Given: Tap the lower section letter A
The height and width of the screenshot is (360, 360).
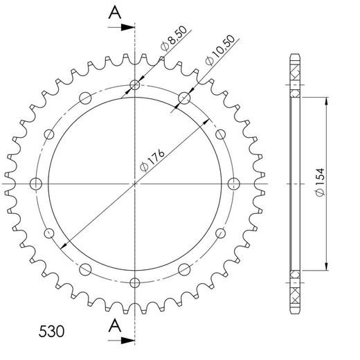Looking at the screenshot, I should pos(116,325).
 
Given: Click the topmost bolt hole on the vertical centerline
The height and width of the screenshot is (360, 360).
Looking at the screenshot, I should pos(134,86).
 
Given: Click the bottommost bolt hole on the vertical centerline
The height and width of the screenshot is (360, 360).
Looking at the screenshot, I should pos(134,282).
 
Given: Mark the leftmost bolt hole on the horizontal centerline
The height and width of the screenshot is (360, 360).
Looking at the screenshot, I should pos(37,183).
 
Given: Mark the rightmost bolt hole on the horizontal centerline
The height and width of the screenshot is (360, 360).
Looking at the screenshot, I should pos(233,183).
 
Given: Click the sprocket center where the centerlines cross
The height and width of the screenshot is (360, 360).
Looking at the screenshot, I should pos(134,183).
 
